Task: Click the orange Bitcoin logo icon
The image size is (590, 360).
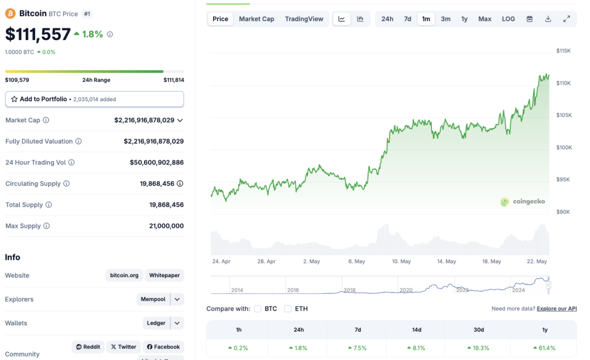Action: pos(10,13)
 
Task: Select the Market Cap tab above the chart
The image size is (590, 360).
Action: pos(256,19)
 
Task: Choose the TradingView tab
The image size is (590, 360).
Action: pos(304,19)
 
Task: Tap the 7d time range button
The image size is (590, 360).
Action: pos(407,19)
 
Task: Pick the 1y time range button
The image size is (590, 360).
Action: pos(464,19)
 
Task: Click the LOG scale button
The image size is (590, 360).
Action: pos(508,19)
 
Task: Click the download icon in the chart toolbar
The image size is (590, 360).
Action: pos(548,19)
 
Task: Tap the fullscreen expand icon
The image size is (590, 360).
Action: pos(566,19)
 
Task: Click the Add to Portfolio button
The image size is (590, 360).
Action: pos(94,99)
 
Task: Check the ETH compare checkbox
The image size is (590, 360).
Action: pos(288,308)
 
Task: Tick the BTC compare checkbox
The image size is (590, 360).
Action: pos(258,308)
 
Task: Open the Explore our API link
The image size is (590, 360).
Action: pos(556,308)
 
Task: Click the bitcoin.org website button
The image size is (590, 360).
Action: pos(124,275)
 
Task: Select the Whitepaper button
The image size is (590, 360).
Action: pos(164,275)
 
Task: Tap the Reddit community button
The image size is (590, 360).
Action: pos(88,347)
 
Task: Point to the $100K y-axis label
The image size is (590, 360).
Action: pos(564,147)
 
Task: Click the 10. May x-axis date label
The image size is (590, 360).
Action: pos(401,261)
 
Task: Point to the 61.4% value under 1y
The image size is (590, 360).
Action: pos(544,348)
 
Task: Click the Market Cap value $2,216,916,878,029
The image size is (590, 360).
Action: pos(144,120)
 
